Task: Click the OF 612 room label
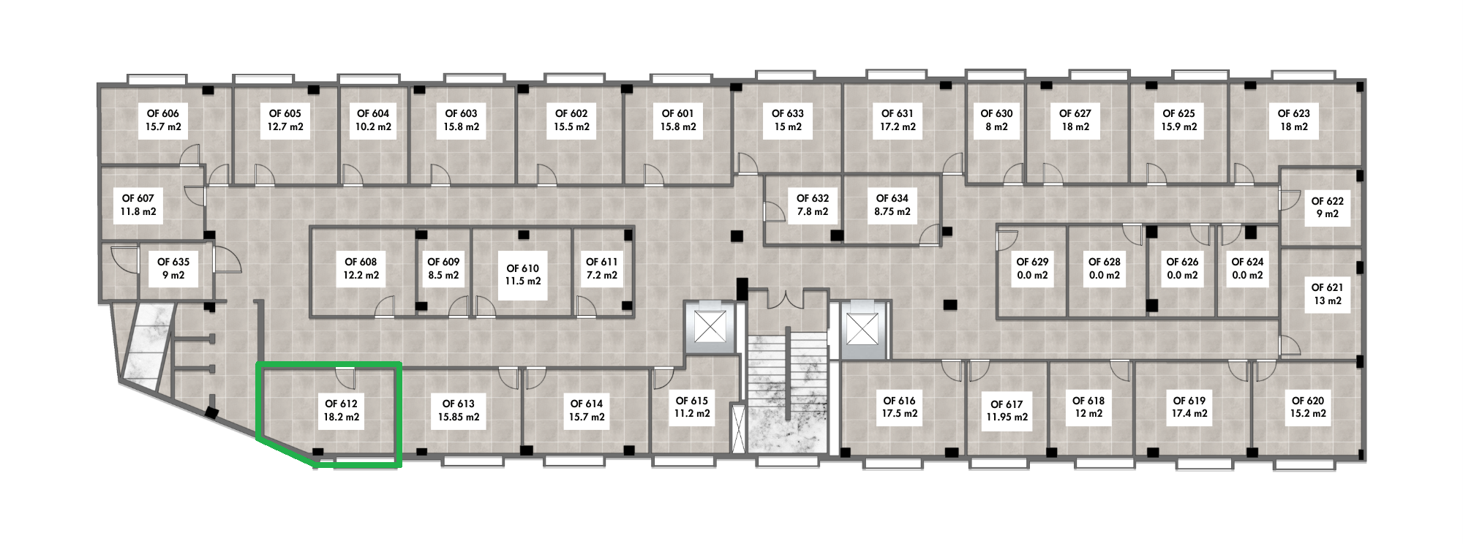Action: click(x=341, y=410)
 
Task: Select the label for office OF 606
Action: click(x=162, y=120)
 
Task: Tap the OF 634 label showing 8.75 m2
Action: click(x=892, y=205)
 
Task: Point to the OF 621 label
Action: click(x=1327, y=294)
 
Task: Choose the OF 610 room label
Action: click(x=522, y=274)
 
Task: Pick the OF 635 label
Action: click(x=173, y=268)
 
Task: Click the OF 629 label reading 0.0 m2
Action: click(x=1032, y=268)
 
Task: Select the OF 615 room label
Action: click(x=691, y=407)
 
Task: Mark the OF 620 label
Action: click(x=1307, y=407)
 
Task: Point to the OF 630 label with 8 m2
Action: click(x=996, y=120)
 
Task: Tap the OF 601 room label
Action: click(x=677, y=120)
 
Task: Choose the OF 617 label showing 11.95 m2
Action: click(x=1007, y=410)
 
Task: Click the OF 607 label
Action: click(x=138, y=205)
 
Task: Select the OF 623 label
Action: click(x=1293, y=120)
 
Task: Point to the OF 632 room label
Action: click(x=812, y=205)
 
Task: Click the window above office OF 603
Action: click(x=474, y=79)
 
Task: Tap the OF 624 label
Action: click(x=1247, y=268)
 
